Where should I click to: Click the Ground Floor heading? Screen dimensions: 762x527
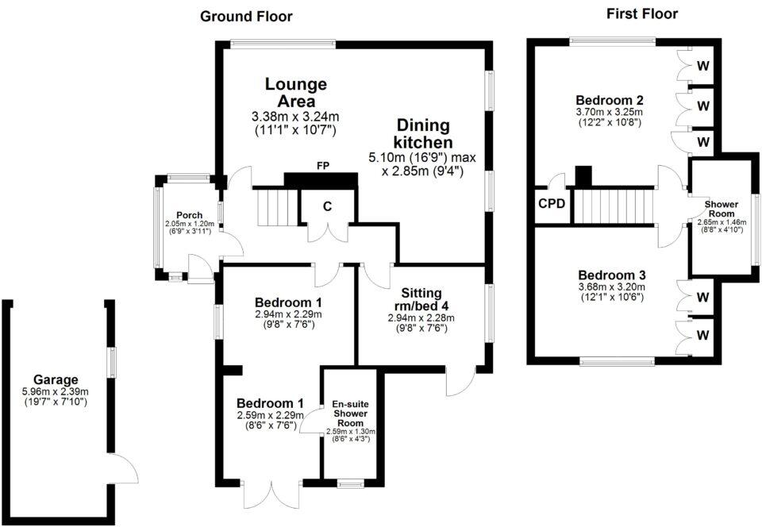pos(246,17)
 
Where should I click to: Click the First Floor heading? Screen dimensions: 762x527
pos(642,13)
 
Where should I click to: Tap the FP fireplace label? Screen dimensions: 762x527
pos(323,166)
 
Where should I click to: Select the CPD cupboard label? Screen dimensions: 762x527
pos(552,203)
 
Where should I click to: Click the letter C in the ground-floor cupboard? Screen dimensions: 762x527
pos(328,206)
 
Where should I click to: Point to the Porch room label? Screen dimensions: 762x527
pos(190,215)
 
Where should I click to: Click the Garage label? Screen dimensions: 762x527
pos(56,380)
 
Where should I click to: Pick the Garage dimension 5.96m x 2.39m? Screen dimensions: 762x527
pos(56,392)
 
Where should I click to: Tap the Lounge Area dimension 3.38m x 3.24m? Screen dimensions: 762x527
pos(295,117)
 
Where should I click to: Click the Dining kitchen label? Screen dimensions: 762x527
pos(423,133)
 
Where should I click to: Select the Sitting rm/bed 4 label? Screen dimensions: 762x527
pos(421,299)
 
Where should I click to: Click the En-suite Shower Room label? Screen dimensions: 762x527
pos(351,414)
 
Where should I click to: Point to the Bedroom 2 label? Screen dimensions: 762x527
pos(610,101)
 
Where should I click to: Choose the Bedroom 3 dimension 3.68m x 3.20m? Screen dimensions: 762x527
pos(612,287)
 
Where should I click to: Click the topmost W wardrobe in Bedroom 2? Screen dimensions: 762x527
pos(703,65)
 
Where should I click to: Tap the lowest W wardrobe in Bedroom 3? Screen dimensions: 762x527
pos(703,335)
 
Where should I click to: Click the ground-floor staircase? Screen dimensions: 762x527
pos(277,208)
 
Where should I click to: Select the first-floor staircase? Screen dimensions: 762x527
pos(614,206)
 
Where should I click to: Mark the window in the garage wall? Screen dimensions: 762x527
pos(112,363)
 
